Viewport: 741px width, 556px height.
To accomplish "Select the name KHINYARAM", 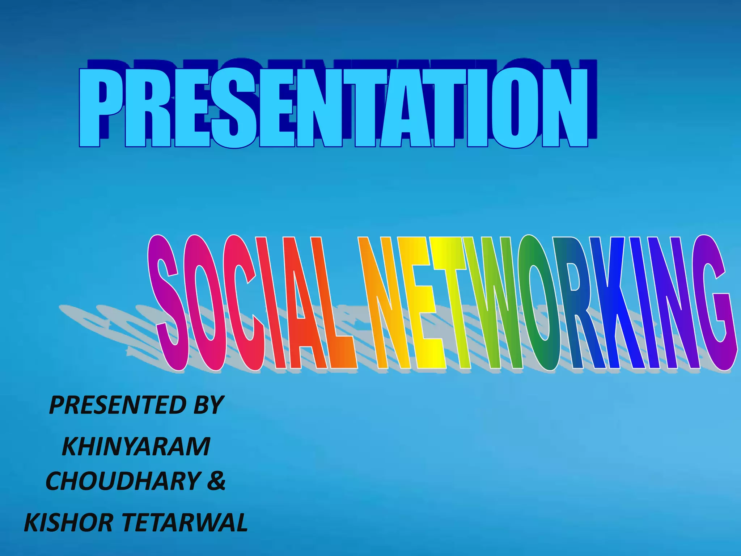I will tap(136, 447).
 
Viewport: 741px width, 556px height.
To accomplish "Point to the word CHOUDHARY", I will tap(123, 481).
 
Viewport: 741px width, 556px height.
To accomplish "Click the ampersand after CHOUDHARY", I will tap(216, 481).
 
